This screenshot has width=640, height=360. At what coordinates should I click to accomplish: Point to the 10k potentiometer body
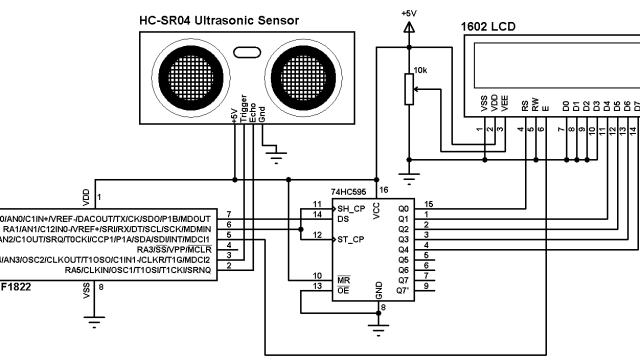(408, 91)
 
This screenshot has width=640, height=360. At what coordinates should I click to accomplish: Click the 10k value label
(421, 71)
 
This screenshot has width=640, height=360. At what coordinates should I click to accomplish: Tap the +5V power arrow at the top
(408, 30)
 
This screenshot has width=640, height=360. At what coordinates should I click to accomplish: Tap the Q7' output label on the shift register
(404, 288)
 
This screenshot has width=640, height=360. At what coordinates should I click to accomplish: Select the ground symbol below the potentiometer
(408, 163)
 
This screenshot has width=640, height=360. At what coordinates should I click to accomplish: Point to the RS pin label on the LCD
(522, 104)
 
